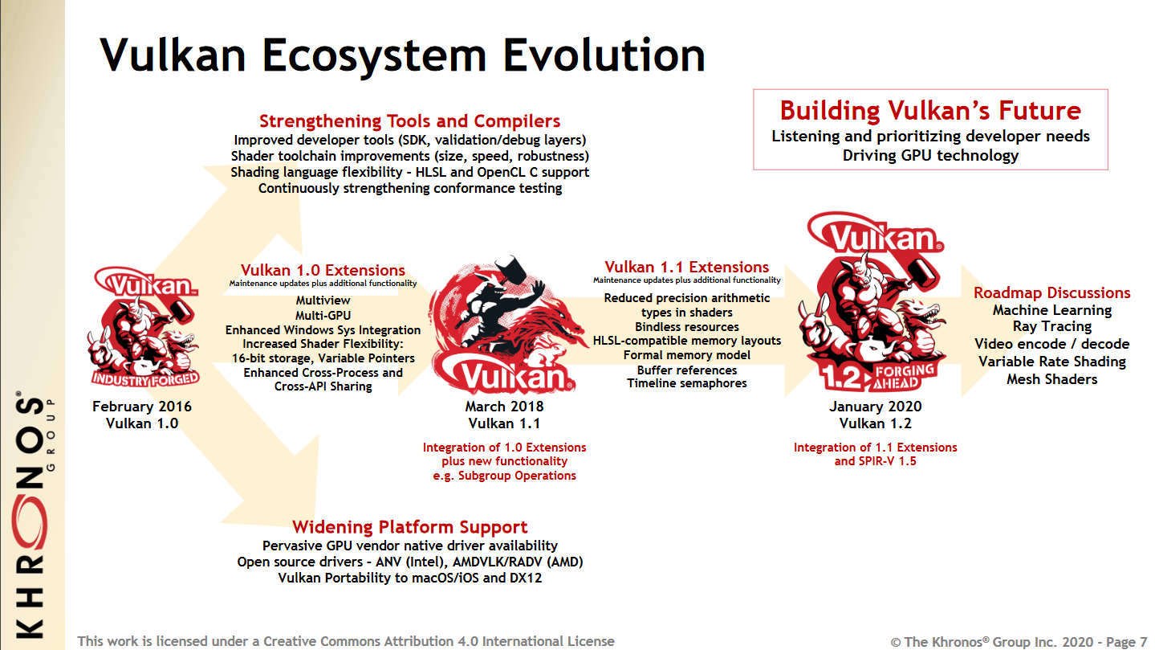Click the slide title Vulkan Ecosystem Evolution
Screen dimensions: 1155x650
point(402,55)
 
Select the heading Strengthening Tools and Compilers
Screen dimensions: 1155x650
point(409,121)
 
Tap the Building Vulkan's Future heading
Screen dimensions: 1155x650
point(930,111)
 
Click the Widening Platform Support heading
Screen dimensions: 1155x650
point(409,526)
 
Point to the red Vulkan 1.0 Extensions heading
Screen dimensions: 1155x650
point(323,270)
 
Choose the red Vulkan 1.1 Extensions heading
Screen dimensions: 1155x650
point(686,267)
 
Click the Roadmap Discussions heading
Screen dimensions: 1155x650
point(1052,292)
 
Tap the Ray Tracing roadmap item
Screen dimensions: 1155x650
point(1052,327)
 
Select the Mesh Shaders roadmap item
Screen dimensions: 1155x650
point(1052,379)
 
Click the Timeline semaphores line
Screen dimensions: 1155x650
point(686,383)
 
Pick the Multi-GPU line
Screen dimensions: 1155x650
point(323,315)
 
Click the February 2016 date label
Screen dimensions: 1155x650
point(142,407)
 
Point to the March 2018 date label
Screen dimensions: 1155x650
point(504,407)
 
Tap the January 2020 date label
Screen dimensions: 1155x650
point(875,407)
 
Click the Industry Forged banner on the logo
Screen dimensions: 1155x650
point(145,379)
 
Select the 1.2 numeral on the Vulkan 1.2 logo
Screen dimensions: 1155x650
point(840,378)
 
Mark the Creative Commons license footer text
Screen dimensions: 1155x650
point(345,641)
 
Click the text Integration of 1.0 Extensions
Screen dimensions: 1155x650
point(504,447)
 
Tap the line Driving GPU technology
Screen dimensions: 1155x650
point(930,155)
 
